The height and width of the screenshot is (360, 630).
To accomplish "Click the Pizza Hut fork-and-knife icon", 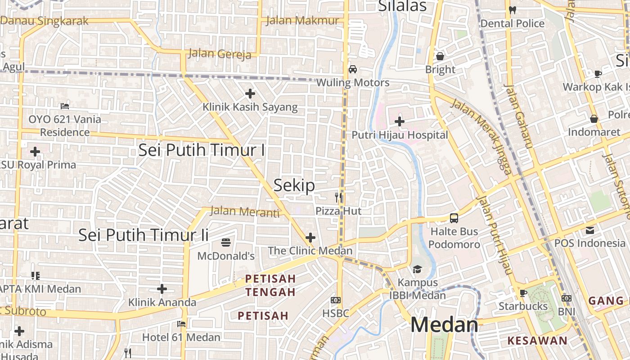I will click(x=339, y=197).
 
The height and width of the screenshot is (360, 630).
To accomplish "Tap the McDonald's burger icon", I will click(x=226, y=243).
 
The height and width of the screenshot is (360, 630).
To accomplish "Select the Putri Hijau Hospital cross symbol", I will click(x=399, y=121).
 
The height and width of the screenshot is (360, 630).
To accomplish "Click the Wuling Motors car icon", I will click(x=353, y=69).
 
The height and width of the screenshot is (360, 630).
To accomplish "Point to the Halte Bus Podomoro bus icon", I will click(x=454, y=218).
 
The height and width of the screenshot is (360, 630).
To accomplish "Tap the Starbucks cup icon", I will click(x=523, y=293).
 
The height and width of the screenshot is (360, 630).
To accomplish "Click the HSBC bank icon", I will click(x=335, y=300).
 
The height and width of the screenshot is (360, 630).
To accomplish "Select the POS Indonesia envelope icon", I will click(x=590, y=230).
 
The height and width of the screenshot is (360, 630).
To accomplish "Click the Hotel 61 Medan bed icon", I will click(x=181, y=324).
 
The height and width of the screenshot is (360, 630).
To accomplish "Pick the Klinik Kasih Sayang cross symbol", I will click(x=250, y=94).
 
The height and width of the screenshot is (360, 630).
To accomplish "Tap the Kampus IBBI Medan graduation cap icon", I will click(x=417, y=269).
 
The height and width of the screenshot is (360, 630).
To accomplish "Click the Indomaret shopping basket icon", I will click(x=594, y=119).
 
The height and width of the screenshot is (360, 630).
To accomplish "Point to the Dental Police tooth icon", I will click(x=512, y=10).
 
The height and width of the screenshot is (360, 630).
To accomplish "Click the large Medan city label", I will click(x=444, y=325).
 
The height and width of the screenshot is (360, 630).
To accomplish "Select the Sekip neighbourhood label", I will click(x=294, y=185).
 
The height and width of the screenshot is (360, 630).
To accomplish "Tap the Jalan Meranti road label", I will click(x=245, y=211).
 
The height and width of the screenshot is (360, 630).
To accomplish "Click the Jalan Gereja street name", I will click(x=219, y=54).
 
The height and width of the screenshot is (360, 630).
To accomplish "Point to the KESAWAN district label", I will click(x=537, y=341).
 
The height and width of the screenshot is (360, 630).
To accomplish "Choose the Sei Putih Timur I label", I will click(x=202, y=150).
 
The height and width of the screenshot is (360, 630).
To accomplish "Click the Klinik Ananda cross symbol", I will click(x=162, y=289).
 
